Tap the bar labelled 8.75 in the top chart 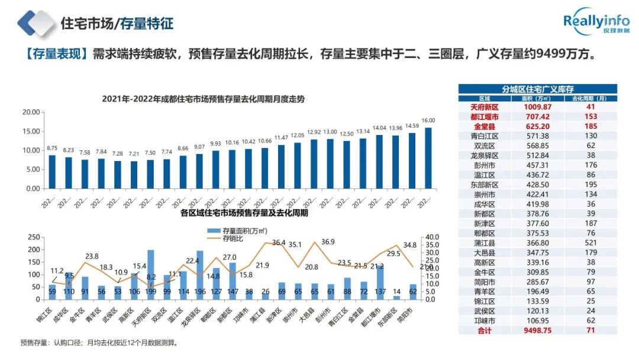tap(53, 172)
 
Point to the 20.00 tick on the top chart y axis tap(31, 112)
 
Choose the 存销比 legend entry tap(231, 239)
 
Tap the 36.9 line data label tap(328, 242)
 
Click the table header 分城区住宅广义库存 tap(537, 89)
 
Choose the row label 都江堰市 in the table tap(485, 117)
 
